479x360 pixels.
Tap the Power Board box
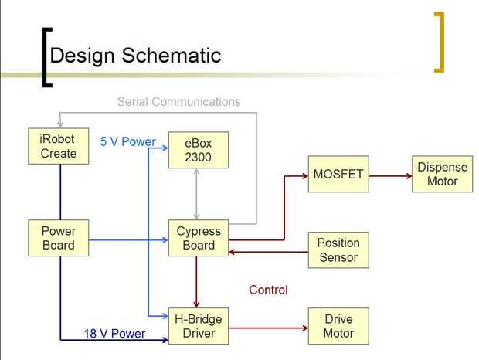click(x=59, y=239)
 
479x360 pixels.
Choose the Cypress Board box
click(x=199, y=239)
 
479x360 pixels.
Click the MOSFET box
click(x=338, y=175)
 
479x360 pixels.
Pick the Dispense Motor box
click(x=443, y=175)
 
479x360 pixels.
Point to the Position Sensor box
click(x=338, y=250)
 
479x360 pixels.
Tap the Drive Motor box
click(x=338, y=326)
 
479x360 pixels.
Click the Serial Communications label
click(x=178, y=101)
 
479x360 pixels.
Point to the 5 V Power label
click(x=128, y=141)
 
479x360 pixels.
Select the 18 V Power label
click(x=125, y=334)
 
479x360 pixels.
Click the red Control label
click(x=268, y=290)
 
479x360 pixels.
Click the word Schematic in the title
click(x=172, y=56)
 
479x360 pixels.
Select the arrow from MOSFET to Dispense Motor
click(x=391, y=175)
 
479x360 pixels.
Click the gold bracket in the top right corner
click(x=440, y=42)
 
